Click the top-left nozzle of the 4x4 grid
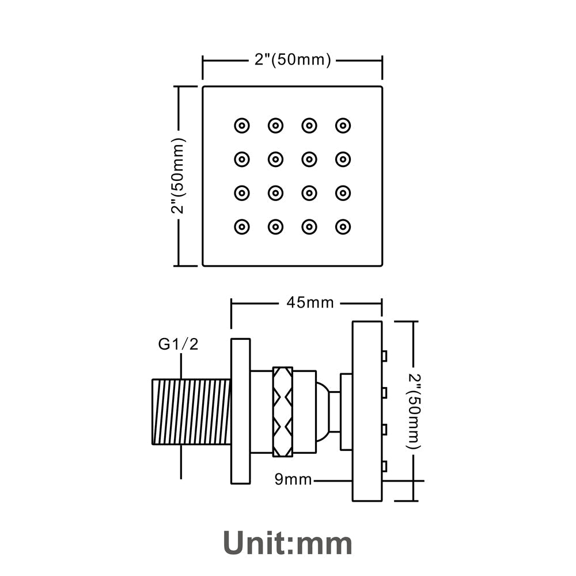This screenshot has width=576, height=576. pos(241,125)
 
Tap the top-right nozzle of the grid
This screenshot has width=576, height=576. pos(343,125)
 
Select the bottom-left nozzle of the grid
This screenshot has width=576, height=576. pos(241,226)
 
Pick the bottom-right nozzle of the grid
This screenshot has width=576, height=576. pos(343,226)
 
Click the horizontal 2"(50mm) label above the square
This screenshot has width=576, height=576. pos(293,59)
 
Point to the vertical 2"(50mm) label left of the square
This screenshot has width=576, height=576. pos(178,176)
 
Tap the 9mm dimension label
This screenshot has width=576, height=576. pos(293,479)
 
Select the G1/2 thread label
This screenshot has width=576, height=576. pos(179,344)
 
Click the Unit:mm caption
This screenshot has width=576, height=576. pos(287,542)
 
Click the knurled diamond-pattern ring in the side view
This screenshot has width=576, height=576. pos(283,411)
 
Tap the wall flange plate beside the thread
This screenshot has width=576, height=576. pos(241,411)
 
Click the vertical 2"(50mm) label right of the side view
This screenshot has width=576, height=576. pos(414,411)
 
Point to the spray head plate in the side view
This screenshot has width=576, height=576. pos(367,411)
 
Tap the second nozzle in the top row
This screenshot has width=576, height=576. pos(275,125)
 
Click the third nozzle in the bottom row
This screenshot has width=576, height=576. pos(309,226)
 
